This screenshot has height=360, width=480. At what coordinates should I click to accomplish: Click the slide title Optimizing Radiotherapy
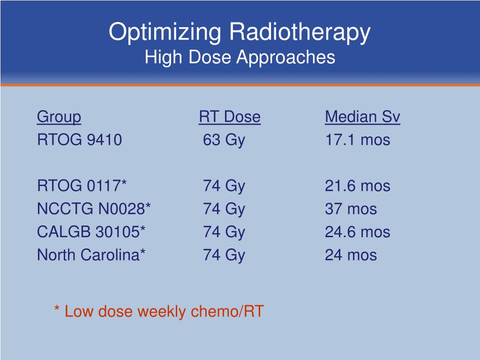coord(240,32)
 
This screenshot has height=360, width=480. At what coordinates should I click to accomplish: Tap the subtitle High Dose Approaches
coord(240,58)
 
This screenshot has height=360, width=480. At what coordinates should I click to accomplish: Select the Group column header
coord(59,117)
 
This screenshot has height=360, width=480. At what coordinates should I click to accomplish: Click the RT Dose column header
coord(229,117)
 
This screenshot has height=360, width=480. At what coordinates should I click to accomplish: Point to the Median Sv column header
coord(362,117)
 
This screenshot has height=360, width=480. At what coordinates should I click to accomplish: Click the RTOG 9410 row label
coord(80,140)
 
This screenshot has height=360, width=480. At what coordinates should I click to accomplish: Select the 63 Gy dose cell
coord(224,140)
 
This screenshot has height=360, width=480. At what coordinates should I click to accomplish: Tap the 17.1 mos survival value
coord(357,140)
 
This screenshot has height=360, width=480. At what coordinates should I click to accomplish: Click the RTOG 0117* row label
coord(82,186)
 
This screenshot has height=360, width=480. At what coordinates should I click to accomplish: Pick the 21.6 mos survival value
coord(357,186)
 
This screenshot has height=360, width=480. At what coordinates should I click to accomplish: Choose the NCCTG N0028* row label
coord(94,209)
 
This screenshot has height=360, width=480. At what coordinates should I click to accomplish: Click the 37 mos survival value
coord(351,209)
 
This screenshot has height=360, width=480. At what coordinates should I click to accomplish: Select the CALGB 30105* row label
coord(91,232)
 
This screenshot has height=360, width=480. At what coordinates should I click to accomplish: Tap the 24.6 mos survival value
coord(357,232)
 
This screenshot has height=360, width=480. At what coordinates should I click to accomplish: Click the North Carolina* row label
coord(91,255)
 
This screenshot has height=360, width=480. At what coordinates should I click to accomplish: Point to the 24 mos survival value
coord(351,255)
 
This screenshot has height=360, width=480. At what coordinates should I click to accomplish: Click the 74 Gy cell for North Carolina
coord(224,255)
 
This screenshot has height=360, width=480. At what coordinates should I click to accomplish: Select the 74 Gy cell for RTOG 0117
coord(224,186)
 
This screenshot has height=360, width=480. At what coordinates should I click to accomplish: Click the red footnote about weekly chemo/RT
coord(159,311)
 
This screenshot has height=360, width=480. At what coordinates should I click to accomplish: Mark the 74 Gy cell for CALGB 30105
coord(224,232)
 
